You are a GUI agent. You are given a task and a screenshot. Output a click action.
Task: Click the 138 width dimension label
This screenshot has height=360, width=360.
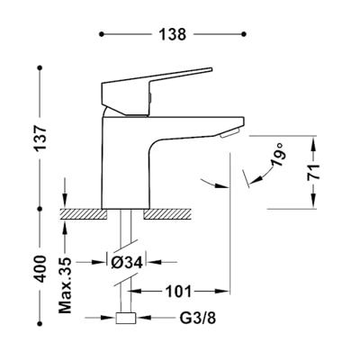(173, 34)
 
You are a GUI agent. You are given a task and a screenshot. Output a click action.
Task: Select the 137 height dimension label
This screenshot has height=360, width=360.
(41, 138)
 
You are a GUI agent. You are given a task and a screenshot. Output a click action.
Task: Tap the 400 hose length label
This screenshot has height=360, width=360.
(40, 269)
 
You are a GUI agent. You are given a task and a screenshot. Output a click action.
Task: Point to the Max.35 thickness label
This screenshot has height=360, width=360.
(66, 285)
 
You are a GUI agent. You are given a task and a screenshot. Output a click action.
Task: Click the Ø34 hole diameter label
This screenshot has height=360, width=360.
(127, 263)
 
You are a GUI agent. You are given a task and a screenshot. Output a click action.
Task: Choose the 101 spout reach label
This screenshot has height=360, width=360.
(179, 291)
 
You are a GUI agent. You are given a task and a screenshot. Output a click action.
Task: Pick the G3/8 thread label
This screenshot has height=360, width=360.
(198, 318)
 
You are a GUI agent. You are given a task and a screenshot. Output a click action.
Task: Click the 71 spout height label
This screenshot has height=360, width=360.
(314, 172)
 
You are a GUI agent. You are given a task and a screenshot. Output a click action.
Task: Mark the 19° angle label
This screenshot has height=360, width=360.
(277, 155)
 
